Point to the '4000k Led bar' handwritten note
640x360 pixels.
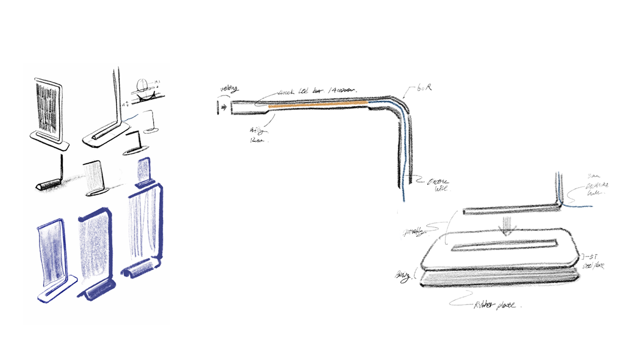315,91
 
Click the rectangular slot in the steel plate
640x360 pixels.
504,246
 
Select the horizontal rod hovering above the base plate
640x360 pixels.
507,212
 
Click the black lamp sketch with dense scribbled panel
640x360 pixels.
50,112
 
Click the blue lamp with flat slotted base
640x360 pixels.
55,261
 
